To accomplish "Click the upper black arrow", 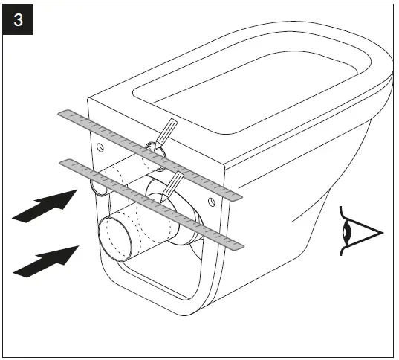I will [46, 205].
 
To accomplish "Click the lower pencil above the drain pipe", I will [175, 183].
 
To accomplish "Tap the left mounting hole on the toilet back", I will [97, 147].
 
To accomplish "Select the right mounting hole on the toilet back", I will [213, 202].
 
